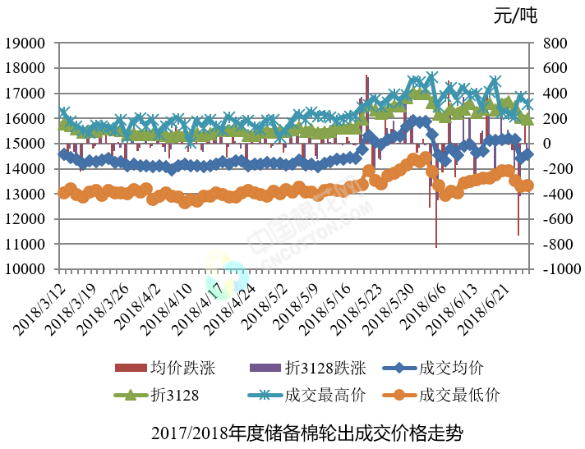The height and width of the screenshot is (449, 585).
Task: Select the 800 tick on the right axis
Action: pos(555,43)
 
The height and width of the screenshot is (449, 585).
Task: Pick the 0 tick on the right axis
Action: pos(548,144)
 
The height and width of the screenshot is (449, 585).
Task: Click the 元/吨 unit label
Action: pos(514,15)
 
